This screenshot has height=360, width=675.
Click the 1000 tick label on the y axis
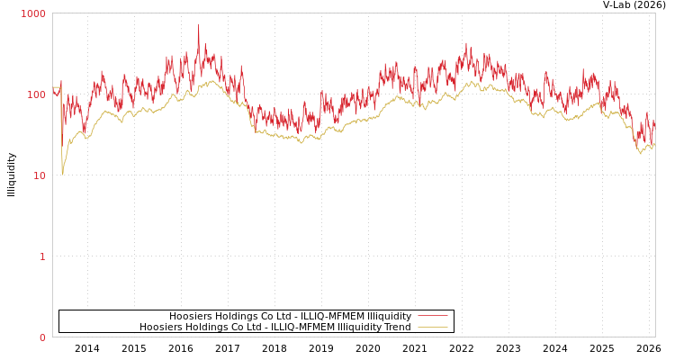(x=33, y=13)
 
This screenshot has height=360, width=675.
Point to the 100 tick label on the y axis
(x=36, y=94)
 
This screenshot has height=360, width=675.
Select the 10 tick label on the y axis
(x=39, y=175)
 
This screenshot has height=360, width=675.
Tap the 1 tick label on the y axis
(x=41, y=256)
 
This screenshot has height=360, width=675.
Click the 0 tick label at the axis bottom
(x=41, y=337)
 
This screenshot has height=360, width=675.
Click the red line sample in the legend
(x=432, y=316)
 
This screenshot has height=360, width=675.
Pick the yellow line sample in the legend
(x=432, y=327)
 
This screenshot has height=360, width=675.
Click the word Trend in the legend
(x=396, y=327)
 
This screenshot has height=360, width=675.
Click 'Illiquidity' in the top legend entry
(x=389, y=316)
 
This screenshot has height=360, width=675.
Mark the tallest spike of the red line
(x=199, y=24)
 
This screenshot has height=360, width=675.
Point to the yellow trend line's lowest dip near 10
(x=62, y=173)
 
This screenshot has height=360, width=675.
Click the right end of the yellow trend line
(x=654, y=145)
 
